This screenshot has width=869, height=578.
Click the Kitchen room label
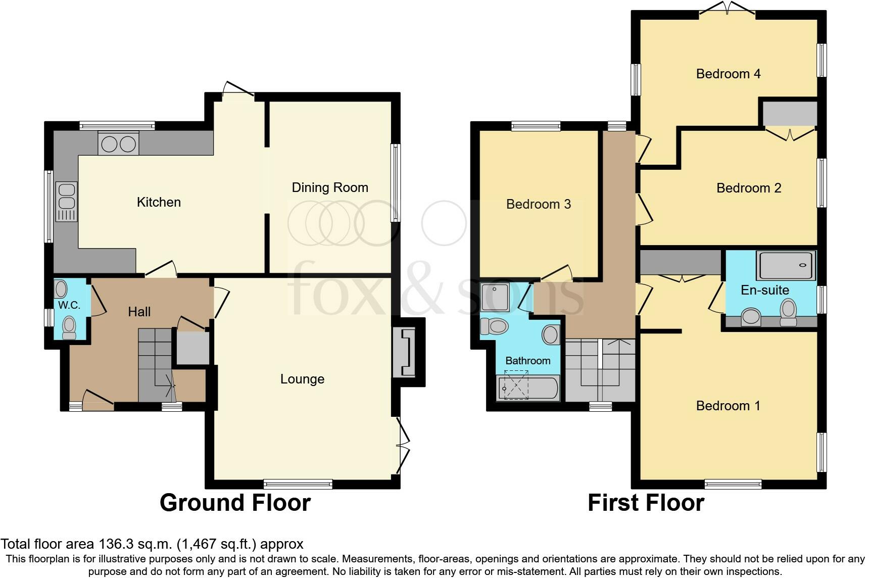click(159, 202)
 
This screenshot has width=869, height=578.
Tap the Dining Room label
click(330, 187)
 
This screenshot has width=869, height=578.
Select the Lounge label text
click(302, 379)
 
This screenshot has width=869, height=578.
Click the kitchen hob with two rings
click(119, 144)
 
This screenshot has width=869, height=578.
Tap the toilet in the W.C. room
click(69, 327)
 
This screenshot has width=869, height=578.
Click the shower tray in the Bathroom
click(495, 297)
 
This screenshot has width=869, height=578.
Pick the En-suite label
click(764, 290)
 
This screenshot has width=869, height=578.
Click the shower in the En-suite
click(786, 265)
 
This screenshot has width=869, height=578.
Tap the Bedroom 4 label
click(728, 74)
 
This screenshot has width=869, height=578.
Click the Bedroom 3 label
click(538, 204)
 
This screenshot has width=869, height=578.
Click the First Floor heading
click(646, 503)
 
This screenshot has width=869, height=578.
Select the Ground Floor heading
click(235, 503)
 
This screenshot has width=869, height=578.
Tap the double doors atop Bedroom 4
click(728, 9)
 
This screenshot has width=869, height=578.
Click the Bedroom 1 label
click(728, 406)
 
